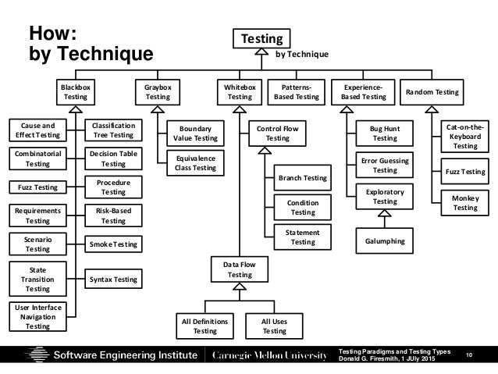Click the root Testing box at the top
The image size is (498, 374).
pos(261,37)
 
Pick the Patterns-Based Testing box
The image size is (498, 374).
pos(296,94)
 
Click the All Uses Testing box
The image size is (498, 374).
pos(274,325)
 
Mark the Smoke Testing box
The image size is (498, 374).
pos(113,244)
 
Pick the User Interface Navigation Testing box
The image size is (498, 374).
pos(37,315)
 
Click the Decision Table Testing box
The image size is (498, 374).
pos(113,159)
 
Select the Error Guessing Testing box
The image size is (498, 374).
pos(385,165)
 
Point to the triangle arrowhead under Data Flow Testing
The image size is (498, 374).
pos(240,287)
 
